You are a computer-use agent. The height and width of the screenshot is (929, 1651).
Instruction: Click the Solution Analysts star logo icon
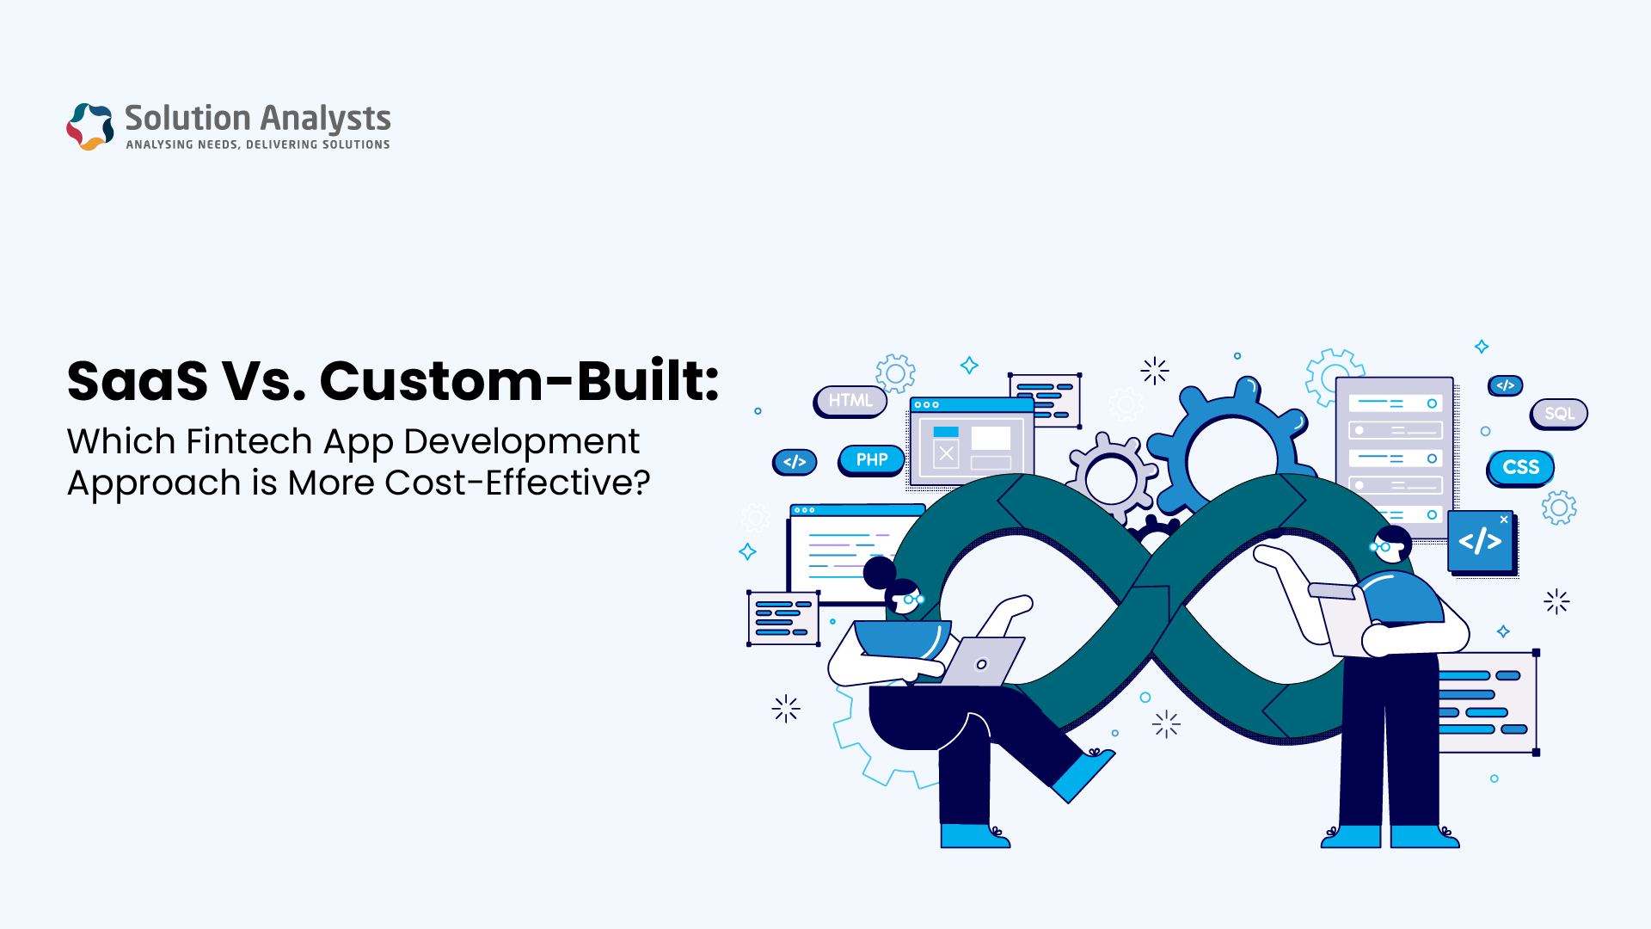coord(90,126)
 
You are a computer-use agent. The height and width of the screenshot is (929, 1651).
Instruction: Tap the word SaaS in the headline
coord(138,381)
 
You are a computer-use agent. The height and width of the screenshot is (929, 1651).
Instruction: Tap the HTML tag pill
coord(850,401)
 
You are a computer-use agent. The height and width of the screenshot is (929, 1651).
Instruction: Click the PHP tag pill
coord(871,460)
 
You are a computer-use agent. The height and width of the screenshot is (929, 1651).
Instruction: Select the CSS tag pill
coord(1520,467)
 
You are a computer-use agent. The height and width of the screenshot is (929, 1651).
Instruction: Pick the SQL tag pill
coord(1559,414)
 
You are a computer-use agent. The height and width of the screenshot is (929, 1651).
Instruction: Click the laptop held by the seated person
coord(980,661)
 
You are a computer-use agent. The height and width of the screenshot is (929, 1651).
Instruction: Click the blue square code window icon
coord(1481,542)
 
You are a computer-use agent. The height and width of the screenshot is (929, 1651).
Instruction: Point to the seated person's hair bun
coord(879,572)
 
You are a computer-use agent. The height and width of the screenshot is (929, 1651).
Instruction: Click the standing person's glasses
coord(1380,546)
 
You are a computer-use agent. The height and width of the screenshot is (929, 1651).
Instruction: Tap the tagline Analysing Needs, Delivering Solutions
coord(258,145)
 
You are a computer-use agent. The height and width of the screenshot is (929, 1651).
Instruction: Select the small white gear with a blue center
coord(1111,478)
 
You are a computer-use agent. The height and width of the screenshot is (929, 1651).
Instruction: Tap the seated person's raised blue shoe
coord(1083,774)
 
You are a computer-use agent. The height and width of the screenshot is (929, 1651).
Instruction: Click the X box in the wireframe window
coord(946,453)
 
